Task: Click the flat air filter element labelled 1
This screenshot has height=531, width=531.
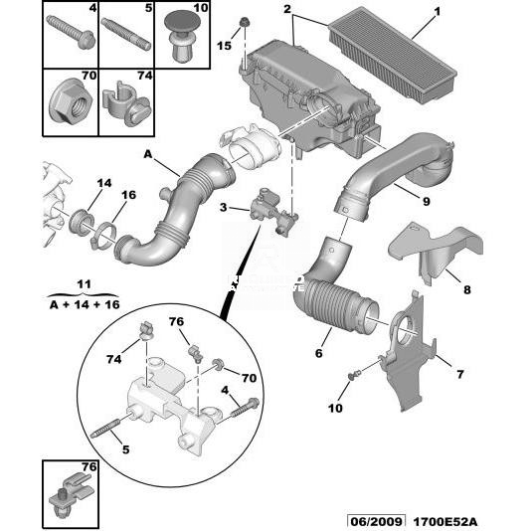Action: click(x=393, y=54)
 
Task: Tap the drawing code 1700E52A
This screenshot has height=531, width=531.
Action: click(x=445, y=522)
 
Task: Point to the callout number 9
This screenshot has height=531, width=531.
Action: click(x=427, y=202)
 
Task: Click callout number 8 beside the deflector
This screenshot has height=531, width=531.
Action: click(x=467, y=289)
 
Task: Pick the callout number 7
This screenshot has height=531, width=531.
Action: click(x=459, y=374)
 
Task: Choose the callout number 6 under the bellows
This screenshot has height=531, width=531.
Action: click(x=318, y=353)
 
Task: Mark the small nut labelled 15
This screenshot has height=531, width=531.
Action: click(x=244, y=23)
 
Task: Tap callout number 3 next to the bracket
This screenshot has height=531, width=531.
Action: click(x=223, y=207)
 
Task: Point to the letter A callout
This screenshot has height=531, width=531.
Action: click(x=148, y=154)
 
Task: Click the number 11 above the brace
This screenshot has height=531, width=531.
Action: click(x=84, y=283)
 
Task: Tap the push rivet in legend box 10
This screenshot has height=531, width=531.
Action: click(x=182, y=36)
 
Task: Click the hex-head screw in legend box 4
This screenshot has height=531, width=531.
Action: click(x=71, y=33)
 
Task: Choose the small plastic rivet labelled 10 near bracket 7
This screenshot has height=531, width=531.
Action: click(x=354, y=375)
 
